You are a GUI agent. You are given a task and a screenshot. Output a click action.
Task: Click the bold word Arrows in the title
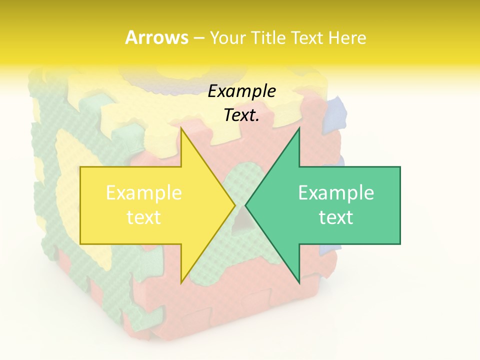(x=156, y=37)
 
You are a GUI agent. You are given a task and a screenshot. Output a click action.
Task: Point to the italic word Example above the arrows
(x=241, y=91)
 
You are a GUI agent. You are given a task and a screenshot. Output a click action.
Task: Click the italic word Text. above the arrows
(x=241, y=115)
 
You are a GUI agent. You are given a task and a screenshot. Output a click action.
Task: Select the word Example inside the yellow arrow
(x=144, y=193)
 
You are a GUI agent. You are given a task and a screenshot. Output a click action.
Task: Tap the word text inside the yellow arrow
(x=144, y=217)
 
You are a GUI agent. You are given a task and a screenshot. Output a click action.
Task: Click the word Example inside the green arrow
(x=336, y=193)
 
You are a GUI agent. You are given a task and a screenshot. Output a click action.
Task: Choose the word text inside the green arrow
(x=336, y=217)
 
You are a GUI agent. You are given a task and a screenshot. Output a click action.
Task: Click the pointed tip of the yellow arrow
(x=235, y=205)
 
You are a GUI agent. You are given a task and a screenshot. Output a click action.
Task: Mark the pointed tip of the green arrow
(x=245, y=205)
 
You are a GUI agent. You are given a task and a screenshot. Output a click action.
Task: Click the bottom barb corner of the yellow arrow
(x=181, y=282)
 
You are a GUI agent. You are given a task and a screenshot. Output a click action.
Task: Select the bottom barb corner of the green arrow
(x=299, y=282)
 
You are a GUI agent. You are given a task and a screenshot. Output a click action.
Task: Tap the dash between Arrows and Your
(x=198, y=38)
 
